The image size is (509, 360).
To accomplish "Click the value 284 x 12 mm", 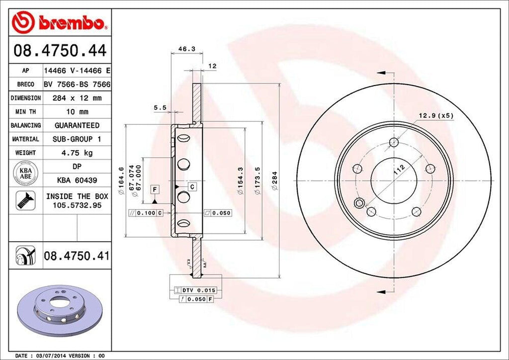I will tap(77, 98).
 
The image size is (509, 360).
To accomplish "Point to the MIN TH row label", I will tap(24, 112).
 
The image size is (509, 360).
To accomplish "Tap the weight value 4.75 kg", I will tap(77, 153).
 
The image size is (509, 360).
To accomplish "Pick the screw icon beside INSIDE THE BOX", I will tap(24, 199).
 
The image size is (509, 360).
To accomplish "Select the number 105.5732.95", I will tap(77, 205).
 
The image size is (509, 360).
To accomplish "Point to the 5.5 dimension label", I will tap(159, 107).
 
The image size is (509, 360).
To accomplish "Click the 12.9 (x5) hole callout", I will tap(435, 115).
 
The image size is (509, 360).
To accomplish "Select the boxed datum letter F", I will tap(155, 189).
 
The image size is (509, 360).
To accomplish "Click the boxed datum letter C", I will tap(191, 186).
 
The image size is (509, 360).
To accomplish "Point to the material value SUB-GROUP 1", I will tap(77, 139).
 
